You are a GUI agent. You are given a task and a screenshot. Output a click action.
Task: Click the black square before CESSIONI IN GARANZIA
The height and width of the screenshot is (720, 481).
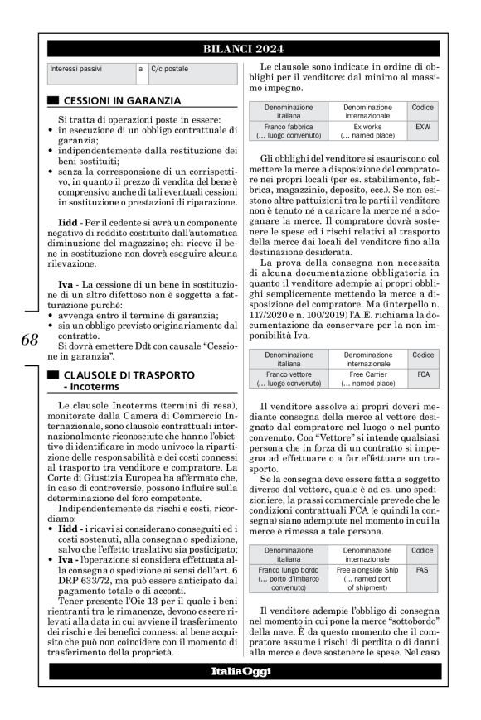(x=53, y=100)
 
